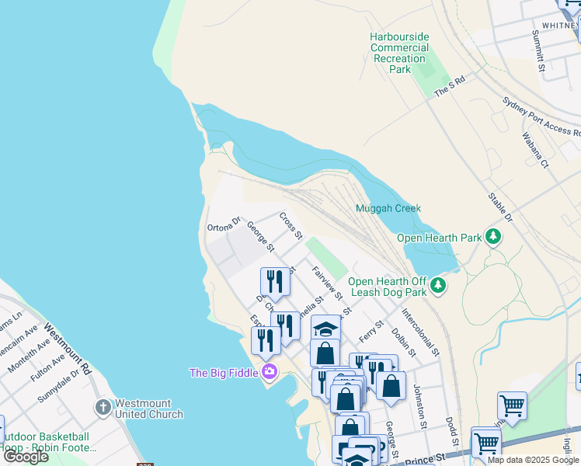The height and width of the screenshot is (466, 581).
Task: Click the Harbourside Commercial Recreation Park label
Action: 400,53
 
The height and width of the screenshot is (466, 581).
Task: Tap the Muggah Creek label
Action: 388,208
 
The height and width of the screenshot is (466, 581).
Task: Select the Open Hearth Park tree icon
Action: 492,236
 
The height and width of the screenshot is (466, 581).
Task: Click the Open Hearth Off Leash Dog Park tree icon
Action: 439,286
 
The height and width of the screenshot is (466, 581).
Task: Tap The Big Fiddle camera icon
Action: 270,372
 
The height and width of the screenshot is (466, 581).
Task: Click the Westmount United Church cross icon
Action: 103,407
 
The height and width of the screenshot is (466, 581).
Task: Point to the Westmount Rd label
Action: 68,350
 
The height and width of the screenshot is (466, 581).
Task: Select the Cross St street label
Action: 290,225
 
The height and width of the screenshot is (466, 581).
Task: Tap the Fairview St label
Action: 327,283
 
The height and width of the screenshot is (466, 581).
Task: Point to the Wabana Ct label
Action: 535,151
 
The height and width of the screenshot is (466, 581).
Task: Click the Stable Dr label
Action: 500,207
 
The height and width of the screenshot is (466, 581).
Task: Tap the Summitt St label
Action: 537,52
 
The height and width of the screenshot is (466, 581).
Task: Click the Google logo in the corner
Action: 26,457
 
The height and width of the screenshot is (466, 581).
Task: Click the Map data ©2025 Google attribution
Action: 533,460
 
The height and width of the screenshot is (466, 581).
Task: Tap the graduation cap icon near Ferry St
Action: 325,329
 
